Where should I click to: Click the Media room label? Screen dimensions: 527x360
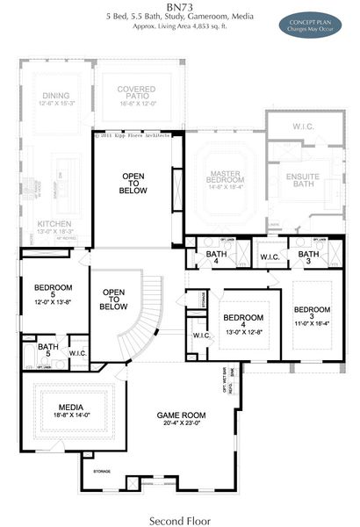point(70,407)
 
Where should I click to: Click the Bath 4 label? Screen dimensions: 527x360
point(217,256)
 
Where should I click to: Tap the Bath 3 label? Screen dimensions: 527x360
point(308,256)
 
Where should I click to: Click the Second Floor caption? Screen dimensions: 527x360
point(179,519)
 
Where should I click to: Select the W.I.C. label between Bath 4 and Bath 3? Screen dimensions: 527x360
point(267,256)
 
